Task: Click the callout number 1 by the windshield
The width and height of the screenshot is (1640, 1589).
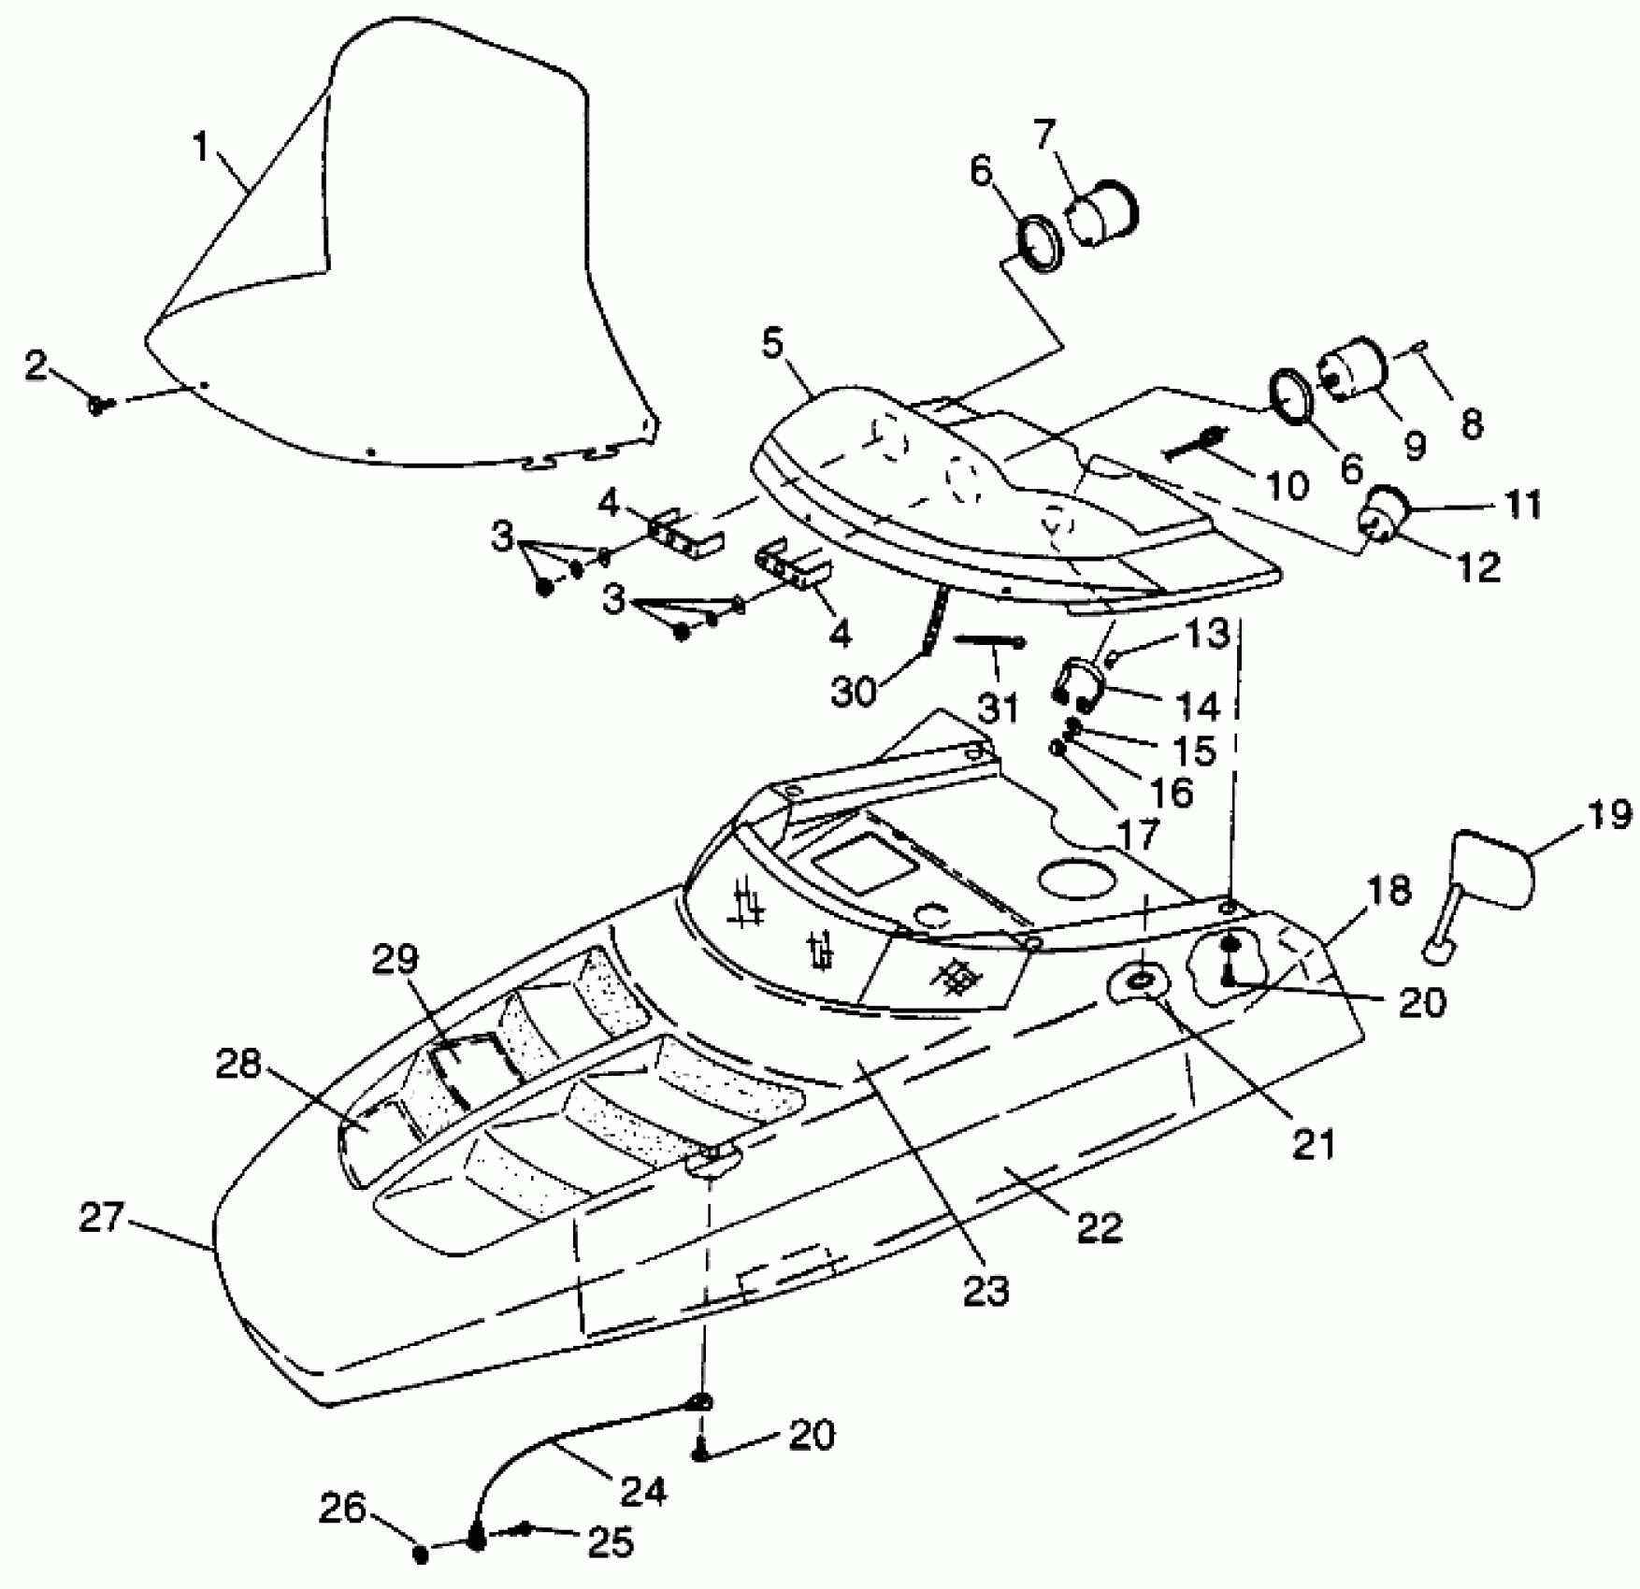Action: click(x=202, y=147)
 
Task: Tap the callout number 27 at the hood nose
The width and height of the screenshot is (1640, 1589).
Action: click(x=101, y=1217)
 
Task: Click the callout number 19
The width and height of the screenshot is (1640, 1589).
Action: click(x=1609, y=814)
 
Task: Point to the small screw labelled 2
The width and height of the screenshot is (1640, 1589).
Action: click(x=97, y=405)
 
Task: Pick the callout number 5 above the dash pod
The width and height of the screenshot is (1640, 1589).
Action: click(x=773, y=342)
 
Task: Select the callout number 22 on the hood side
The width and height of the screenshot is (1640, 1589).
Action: click(x=1099, y=1226)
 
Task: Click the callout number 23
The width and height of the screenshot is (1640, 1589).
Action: click(x=987, y=1290)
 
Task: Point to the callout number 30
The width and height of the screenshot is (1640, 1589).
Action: click(x=853, y=692)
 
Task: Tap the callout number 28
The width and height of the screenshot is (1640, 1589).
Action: click(x=237, y=1064)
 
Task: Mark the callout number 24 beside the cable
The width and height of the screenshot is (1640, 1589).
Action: click(x=644, y=1490)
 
